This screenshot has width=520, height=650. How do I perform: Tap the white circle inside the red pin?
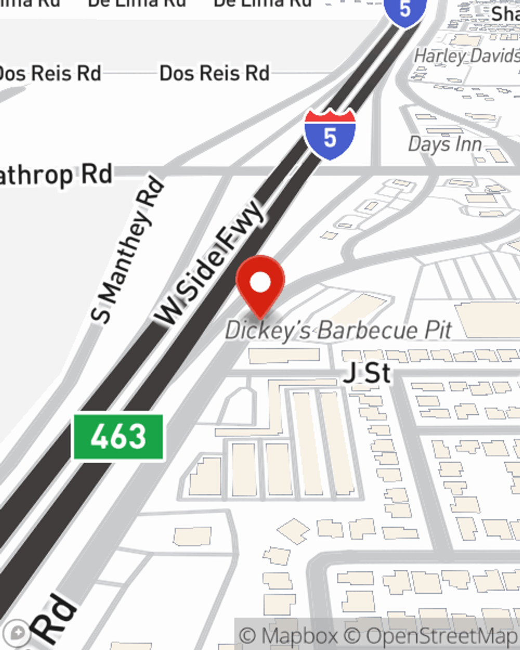(261, 283)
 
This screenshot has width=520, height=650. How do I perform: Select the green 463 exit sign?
(118, 437)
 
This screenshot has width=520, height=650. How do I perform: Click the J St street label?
(367, 373)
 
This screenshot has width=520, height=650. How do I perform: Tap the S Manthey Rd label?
(127, 250)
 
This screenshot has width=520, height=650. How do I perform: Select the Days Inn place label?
(445, 144)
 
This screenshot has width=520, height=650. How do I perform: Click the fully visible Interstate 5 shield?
(330, 134)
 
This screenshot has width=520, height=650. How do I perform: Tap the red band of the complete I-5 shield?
(330, 117)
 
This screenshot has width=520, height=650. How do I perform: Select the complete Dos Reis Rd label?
(214, 73)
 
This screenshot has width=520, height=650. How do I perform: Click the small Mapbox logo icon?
(17, 633)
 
